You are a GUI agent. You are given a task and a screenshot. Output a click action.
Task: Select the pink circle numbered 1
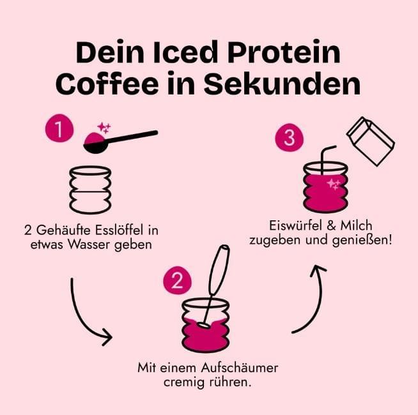coord(58,130)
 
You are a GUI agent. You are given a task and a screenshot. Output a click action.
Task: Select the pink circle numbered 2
coord(177,278)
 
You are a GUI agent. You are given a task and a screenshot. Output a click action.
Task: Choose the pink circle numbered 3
coord(288,139)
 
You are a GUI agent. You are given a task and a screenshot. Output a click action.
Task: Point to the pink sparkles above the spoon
coord(103,128)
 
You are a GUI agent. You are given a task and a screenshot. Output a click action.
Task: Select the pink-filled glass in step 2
coord(205,326)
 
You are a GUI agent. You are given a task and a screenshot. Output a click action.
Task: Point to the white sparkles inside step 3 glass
coord(333,185)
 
